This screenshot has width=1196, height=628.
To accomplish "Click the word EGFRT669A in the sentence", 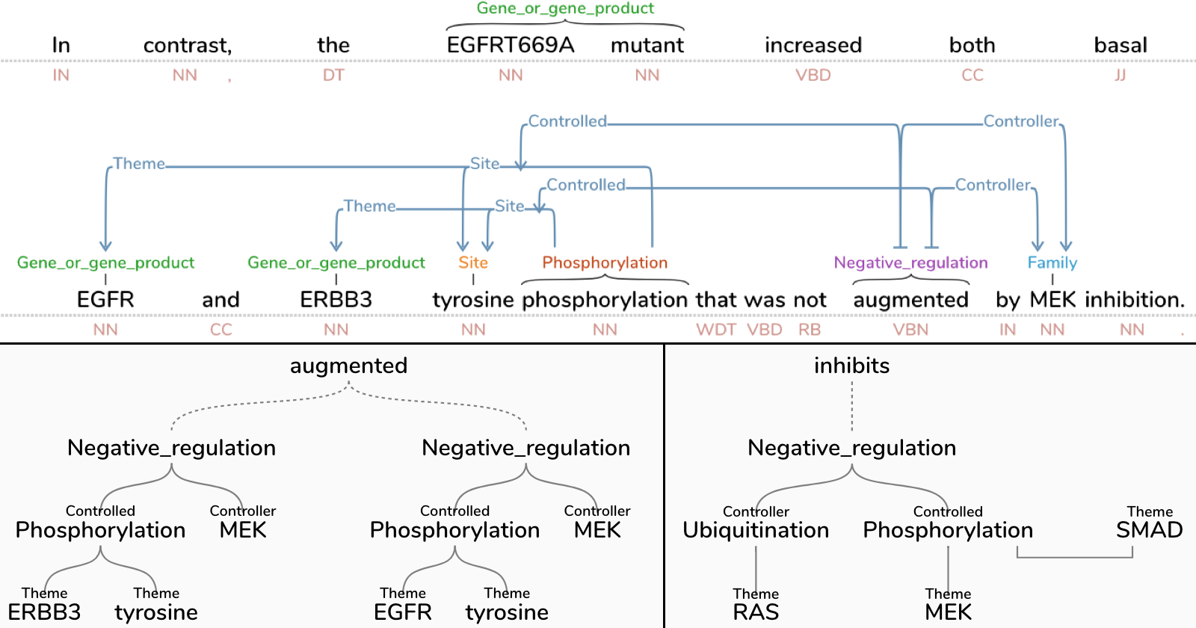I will point(511,46).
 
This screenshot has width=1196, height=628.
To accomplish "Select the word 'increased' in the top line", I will point(813,46).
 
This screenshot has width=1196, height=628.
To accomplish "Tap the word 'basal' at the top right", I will point(1120,46).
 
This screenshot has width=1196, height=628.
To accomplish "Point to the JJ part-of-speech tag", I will point(1120,76).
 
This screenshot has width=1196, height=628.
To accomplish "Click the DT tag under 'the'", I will point(333,76).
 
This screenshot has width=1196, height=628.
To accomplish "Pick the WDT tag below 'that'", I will point(716,330).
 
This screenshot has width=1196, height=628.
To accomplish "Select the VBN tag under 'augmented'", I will point(910,330).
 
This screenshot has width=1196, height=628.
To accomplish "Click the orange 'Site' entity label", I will point(473,263).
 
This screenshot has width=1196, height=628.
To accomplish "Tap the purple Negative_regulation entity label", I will point(910,263).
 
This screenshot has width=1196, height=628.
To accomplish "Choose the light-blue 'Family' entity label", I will point(1052,263).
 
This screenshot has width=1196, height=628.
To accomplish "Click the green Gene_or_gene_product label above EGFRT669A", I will point(565,8).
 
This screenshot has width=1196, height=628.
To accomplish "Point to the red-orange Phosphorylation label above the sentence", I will point(605,263).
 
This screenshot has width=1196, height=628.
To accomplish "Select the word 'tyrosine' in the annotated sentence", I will point(473,300).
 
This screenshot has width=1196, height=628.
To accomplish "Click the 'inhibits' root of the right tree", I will point(851,366).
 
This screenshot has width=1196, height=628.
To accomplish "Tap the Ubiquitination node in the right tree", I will point(756,530).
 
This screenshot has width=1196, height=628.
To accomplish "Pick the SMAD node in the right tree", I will point(1149,530).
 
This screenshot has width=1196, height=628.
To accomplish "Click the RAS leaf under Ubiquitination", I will point(756,612).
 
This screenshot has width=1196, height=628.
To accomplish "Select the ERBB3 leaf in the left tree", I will point(44,612).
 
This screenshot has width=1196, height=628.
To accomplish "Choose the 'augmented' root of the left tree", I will point(348,366).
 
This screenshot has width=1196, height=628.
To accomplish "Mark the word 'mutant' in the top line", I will point(647,46).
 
